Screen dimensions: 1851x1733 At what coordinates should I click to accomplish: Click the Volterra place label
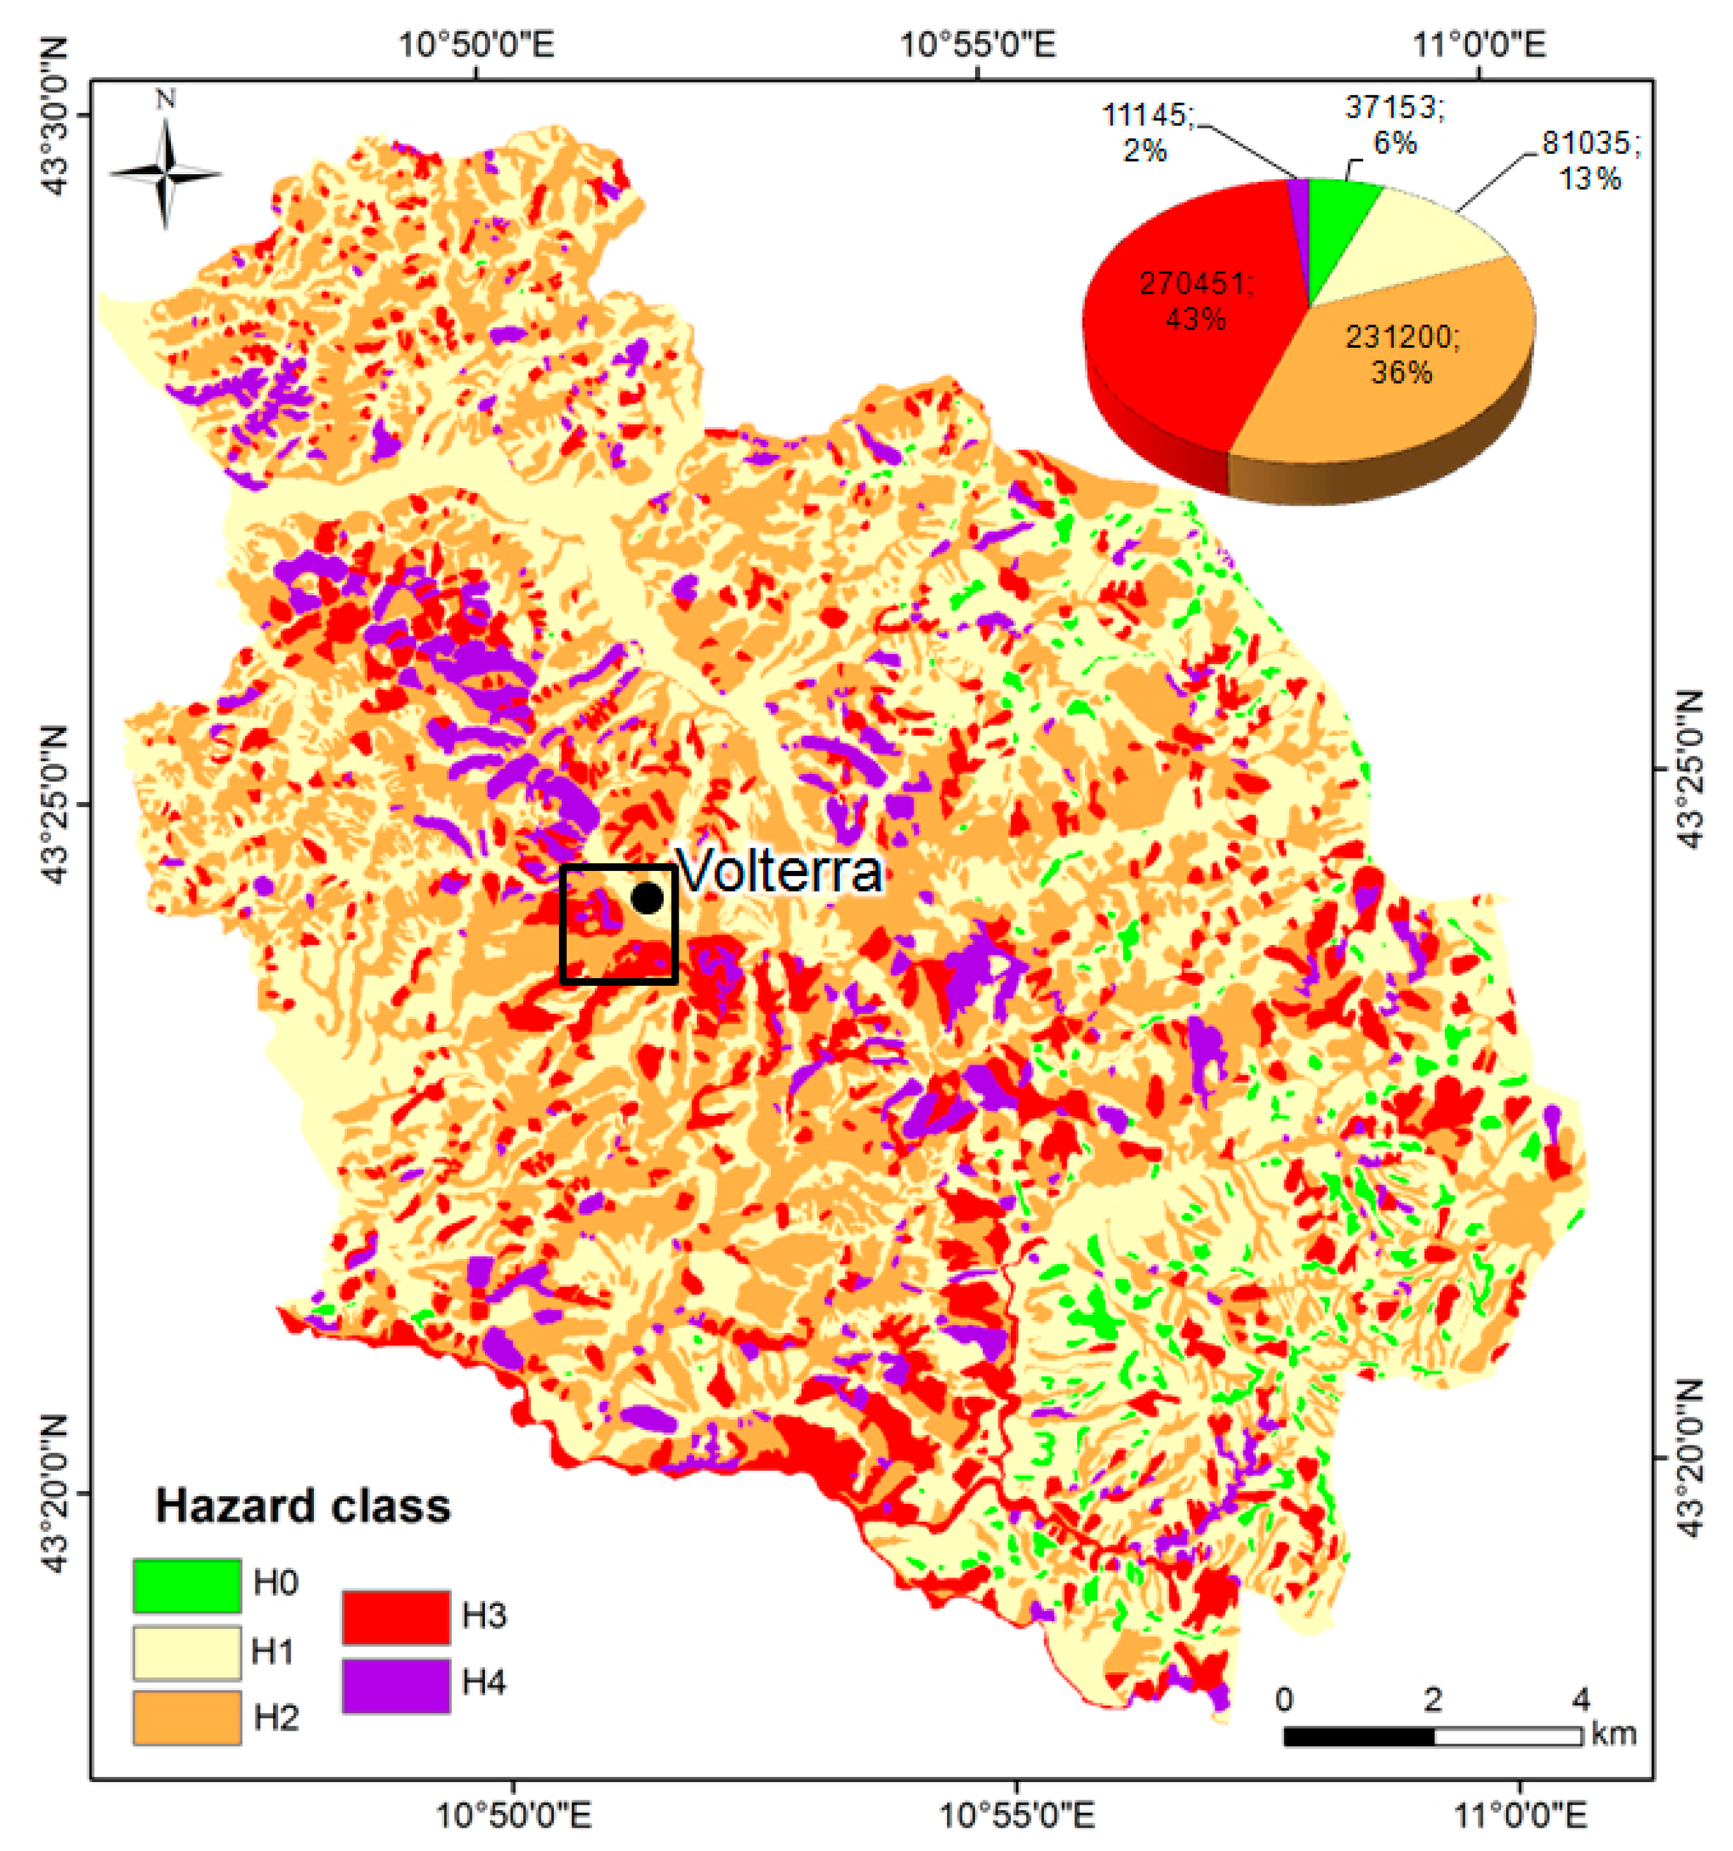tap(779, 872)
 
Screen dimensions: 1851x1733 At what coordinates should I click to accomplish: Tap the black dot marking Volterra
tap(647, 898)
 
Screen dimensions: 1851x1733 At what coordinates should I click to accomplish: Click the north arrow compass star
tap(166, 173)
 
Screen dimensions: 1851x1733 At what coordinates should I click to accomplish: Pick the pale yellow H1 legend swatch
tap(187, 1653)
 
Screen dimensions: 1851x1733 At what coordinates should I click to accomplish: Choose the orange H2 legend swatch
tap(187, 1718)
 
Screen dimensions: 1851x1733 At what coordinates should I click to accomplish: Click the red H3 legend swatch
tap(396, 1617)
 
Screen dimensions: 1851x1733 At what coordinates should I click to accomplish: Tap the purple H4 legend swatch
tap(396, 1685)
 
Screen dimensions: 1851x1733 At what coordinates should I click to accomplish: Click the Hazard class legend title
tap(303, 1507)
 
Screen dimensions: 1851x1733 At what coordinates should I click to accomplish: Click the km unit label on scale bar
tap(1614, 1733)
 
